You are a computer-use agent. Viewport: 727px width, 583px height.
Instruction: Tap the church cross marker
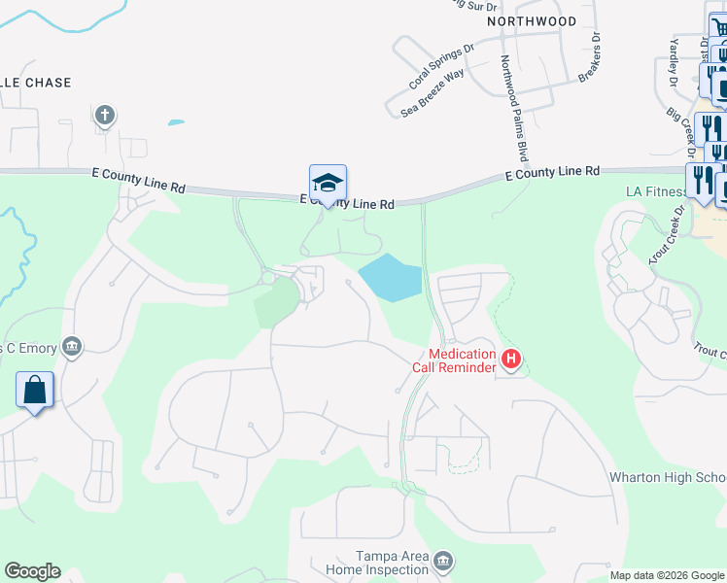pyautogui.click(x=105, y=117)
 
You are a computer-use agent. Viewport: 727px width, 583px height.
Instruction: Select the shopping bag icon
pyautogui.click(x=35, y=391)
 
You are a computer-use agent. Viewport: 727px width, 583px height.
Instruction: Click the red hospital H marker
pyautogui.click(x=511, y=360)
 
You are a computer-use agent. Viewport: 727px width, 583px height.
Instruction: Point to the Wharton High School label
pyautogui.click(x=668, y=477)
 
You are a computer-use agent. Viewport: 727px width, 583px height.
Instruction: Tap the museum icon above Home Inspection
pyautogui.click(x=442, y=561)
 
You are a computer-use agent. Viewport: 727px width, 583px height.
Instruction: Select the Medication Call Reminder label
pyautogui.click(x=463, y=360)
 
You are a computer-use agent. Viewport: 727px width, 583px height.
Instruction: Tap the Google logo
pyautogui.click(x=32, y=571)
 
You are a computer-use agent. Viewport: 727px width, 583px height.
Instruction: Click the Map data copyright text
pyautogui.click(x=668, y=575)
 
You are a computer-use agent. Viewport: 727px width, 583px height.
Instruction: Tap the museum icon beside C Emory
pyautogui.click(x=70, y=346)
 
